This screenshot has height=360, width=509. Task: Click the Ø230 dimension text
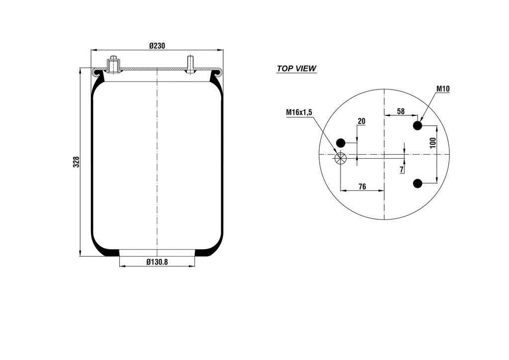click(x=157, y=45)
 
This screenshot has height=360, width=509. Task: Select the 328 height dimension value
click(x=76, y=162)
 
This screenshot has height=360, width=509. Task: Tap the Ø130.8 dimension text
click(x=157, y=262)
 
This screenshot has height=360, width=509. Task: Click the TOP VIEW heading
click(x=296, y=69)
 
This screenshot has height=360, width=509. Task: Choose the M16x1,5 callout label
click(x=299, y=112)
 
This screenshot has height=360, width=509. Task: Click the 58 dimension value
click(x=400, y=111)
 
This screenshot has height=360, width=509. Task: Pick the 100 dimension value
click(x=432, y=143)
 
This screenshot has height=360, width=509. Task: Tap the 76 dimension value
click(x=362, y=186)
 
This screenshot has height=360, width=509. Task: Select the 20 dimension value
click(x=361, y=121)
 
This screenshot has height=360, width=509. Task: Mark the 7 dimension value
click(x=402, y=170)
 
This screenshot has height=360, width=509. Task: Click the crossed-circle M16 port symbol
click(x=340, y=159)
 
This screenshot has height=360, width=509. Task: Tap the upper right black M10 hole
click(x=418, y=125)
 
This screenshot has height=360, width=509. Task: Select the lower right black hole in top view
click(x=418, y=183)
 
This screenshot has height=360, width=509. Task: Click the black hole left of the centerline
click(x=340, y=142)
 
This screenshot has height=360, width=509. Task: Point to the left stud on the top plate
click(x=113, y=64)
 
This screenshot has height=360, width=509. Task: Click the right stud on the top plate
click(x=190, y=64)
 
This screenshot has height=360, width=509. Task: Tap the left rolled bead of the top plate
click(x=96, y=72)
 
